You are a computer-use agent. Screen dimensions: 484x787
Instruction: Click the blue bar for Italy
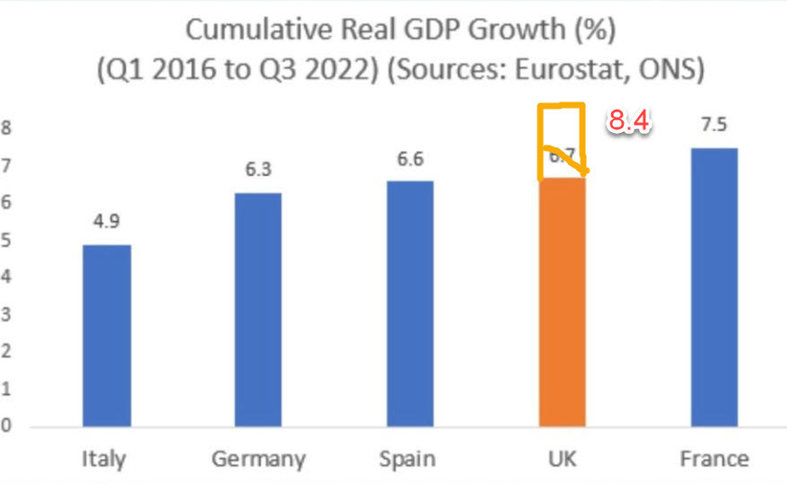pyautogui.click(x=106, y=335)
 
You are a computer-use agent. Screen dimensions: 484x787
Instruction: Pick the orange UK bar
pyautogui.click(x=562, y=302)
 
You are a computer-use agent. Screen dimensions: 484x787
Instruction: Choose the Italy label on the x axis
pyautogui.click(x=103, y=459)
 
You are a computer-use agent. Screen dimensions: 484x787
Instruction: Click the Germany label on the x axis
pyautogui.click(x=258, y=459)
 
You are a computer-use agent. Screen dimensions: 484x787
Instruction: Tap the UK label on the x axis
pyautogui.click(x=562, y=459)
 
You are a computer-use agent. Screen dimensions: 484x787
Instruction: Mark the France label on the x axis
pyautogui.click(x=713, y=459)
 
